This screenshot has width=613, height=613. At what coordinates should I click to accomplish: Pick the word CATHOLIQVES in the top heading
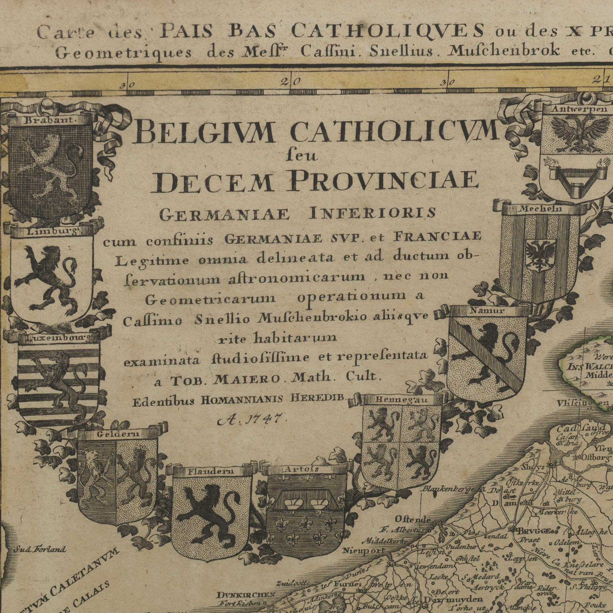click(x=387, y=32)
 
